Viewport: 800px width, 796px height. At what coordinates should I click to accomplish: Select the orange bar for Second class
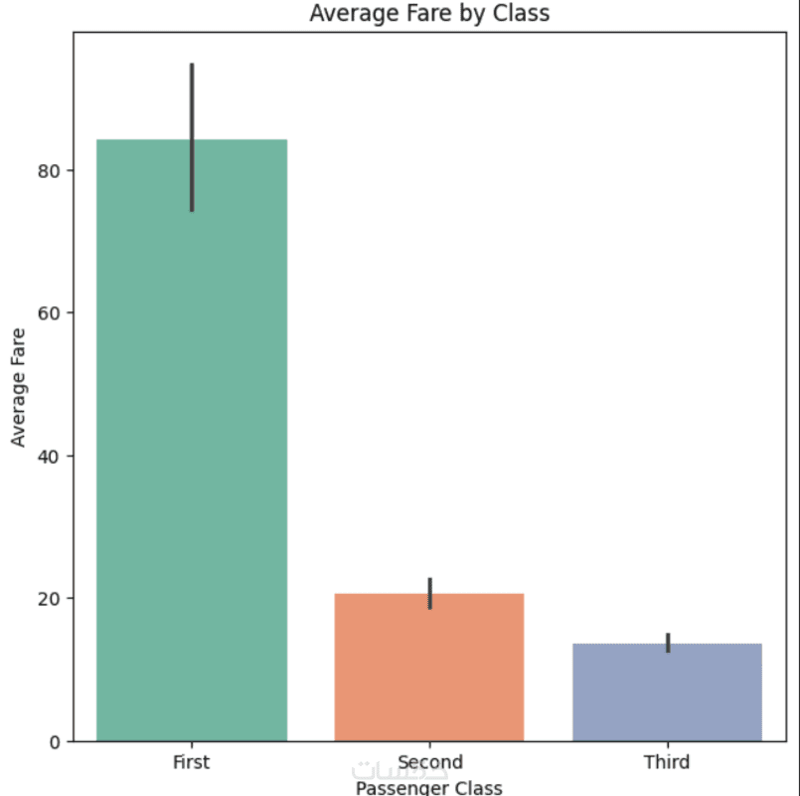pyautogui.click(x=429, y=667)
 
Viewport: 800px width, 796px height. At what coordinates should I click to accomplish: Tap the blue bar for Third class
pyautogui.click(x=667, y=692)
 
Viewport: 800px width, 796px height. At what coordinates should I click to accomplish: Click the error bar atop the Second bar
pyautogui.click(x=429, y=593)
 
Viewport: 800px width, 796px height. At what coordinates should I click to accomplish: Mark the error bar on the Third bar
pyautogui.click(x=668, y=643)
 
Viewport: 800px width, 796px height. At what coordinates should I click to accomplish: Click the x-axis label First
pyautogui.click(x=192, y=763)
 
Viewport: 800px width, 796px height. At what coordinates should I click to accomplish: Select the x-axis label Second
pyautogui.click(x=429, y=763)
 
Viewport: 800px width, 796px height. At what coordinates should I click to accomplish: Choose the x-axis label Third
pyautogui.click(x=667, y=763)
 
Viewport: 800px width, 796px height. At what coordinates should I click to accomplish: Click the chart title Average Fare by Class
pyautogui.click(x=429, y=13)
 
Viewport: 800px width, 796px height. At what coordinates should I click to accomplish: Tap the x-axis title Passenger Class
pyautogui.click(x=429, y=788)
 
